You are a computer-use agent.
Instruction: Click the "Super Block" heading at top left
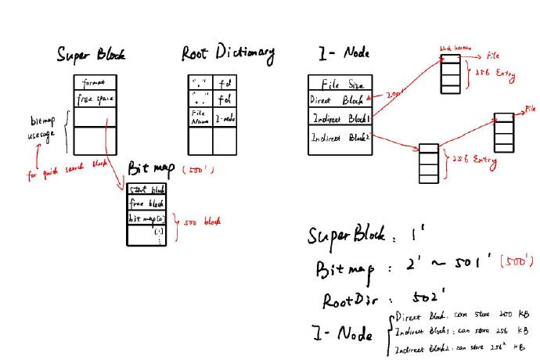(x=90, y=54)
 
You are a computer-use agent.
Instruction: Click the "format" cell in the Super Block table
(x=97, y=82)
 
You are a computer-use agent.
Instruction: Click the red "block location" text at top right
(x=454, y=49)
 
